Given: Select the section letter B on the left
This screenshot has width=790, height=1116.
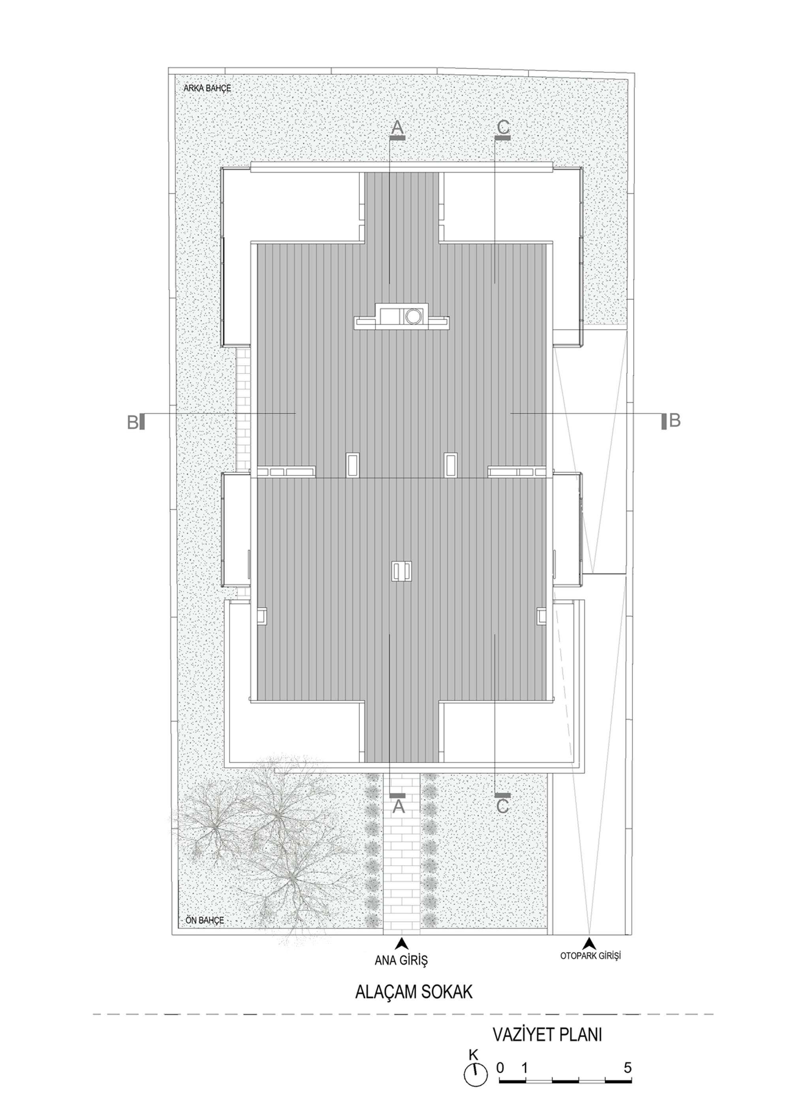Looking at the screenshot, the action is pyautogui.click(x=133, y=422).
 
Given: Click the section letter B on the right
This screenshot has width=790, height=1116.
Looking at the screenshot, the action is pyautogui.click(x=674, y=420).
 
